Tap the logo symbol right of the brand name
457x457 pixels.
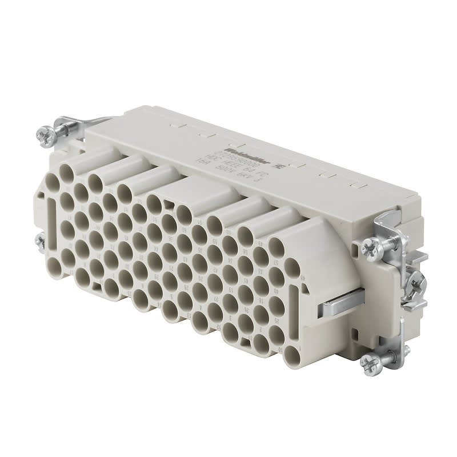point(280,166)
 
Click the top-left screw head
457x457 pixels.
point(45,135)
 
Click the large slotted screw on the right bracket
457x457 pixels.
point(418,282)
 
